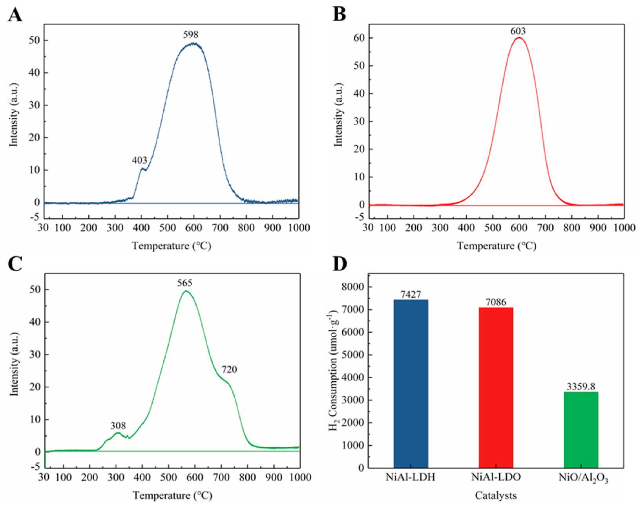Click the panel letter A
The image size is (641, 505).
coord(15,15)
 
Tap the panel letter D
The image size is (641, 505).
coord(340,264)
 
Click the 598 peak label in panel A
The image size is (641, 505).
coord(191,35)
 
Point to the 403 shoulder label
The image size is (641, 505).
coord(139,160)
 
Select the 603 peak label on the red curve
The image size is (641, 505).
coord(518,31)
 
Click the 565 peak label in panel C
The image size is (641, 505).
coord(184,283)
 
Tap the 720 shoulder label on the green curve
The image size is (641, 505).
coord(229,370)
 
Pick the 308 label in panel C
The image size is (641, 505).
coord(118,426)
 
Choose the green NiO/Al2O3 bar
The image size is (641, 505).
coord(581,430)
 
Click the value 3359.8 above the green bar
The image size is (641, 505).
coord(581,387)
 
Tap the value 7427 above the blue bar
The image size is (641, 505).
coord(411,295)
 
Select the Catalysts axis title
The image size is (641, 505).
coord(496,496)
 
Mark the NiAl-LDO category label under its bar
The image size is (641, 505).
coord(496,478)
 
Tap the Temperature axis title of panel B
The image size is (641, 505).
coord(496,246)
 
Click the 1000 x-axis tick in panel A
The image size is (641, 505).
coord(299,228)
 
